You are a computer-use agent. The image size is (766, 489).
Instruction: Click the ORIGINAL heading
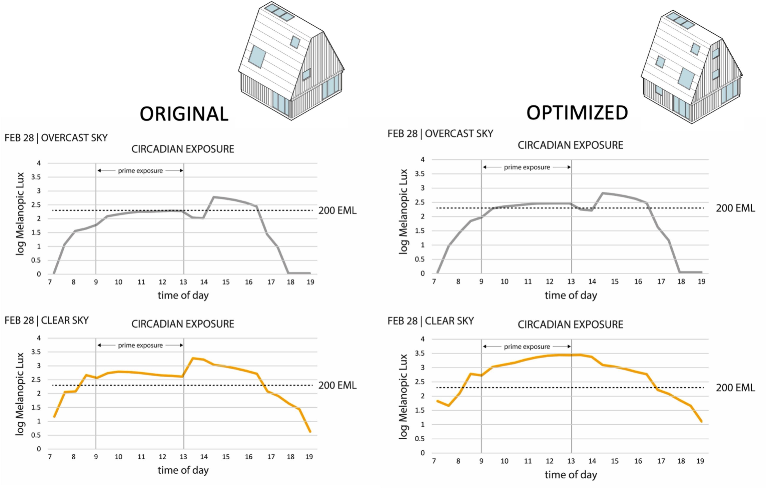pos(184,114)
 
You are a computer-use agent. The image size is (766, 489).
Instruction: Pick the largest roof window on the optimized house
pos(686,78)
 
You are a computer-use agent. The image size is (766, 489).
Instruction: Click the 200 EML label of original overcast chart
pos(337,211)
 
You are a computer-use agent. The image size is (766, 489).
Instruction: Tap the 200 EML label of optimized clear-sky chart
pos(735,388)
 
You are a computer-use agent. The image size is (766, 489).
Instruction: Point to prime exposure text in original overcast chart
pos(140,171)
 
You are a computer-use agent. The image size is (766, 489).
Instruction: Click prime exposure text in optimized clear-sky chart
pos(527,347)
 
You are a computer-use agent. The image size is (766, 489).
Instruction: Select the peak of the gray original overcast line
pos(214,197)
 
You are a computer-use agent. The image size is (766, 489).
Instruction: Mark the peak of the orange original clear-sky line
pos(193,358)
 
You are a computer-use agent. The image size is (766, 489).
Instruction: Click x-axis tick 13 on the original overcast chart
pos(183,282)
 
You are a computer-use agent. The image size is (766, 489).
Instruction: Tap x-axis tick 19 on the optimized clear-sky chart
pos(700,461)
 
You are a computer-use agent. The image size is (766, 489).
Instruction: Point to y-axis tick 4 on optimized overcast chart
pos(422,160)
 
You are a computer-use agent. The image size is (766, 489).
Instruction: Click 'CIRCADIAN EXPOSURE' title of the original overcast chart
pos(183,149)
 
